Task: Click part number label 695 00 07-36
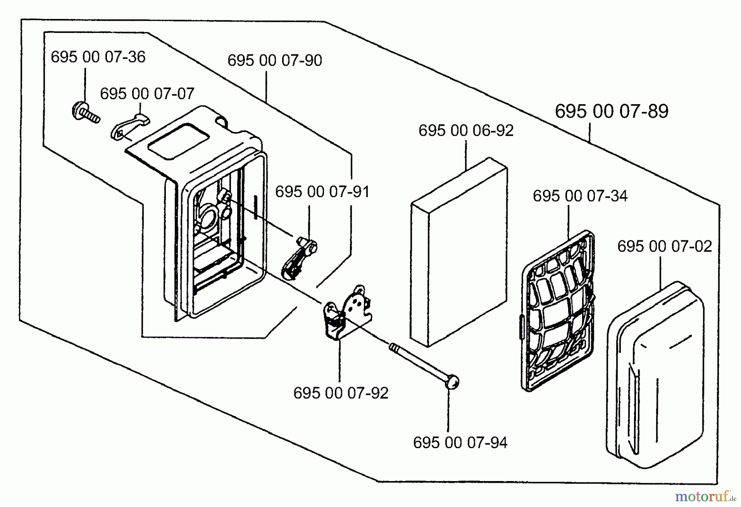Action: [98, 57]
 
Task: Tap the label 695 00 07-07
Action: [147, 94]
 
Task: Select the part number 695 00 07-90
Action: [275, 60]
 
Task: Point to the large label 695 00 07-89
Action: [611, 111]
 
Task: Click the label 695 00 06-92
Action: [466, 131]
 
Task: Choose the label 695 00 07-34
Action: [580, 196]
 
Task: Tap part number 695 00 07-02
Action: [664, 247]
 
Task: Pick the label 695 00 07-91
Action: [322, 192]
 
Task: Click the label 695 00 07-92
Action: [341, 393]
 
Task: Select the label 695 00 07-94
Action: [460, 443]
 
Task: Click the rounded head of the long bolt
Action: [452, 383]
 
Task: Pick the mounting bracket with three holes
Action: [350, 312]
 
